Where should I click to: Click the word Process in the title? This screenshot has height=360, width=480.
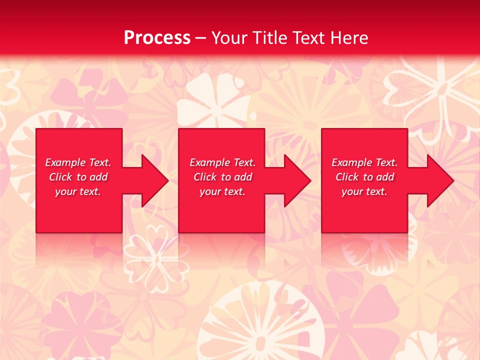coord(157,38)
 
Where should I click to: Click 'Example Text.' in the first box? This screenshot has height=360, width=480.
coord(78,162)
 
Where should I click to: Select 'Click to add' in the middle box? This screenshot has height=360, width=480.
coord(222,177)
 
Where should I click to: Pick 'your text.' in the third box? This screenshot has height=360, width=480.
coord(364,191)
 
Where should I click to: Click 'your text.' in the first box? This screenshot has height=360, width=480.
coord(78,191)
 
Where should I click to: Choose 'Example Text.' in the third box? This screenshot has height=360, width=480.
coord(364,162)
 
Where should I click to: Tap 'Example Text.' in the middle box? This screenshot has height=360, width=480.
coord(222,162)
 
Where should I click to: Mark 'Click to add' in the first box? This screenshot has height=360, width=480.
coord(78,177)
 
